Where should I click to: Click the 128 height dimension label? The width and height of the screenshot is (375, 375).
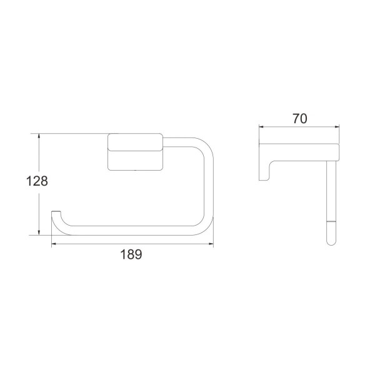pos(37,181)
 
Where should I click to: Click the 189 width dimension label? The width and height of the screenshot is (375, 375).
pos(131,254)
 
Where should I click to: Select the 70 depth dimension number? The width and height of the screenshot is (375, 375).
pos(299,119)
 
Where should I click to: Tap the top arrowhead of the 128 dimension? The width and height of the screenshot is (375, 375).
pos(39,136)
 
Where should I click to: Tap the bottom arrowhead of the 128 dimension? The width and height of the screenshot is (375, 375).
pos(39,232)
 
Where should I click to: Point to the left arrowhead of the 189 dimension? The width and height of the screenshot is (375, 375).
pos(55,244)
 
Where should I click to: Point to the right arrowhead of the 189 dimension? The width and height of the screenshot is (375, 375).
pos(210,244)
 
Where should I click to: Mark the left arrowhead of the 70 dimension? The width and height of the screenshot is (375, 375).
pos(262,127)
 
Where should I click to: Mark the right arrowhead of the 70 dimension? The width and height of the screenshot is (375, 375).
pos(336,127)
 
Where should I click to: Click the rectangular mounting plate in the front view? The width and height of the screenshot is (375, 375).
pos(136,152)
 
